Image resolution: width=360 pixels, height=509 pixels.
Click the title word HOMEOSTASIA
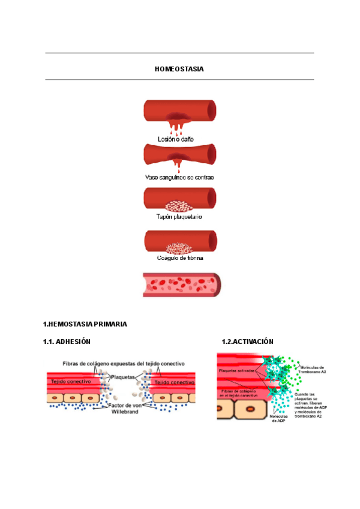tap(179, 69)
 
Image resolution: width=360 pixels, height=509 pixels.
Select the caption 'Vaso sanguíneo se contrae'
tap(179, 178)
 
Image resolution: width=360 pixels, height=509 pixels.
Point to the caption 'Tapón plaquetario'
tap(179, 217)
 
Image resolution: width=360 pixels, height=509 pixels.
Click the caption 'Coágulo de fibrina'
tap(179, 258)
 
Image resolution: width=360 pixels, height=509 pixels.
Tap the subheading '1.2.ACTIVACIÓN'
tap(247, 342)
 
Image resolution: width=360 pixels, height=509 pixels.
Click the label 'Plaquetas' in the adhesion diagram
tap(123, 376)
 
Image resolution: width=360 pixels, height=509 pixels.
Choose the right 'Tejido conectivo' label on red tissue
tap(175, 382)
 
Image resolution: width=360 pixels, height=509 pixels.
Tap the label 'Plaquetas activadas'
tap(238, 371)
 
